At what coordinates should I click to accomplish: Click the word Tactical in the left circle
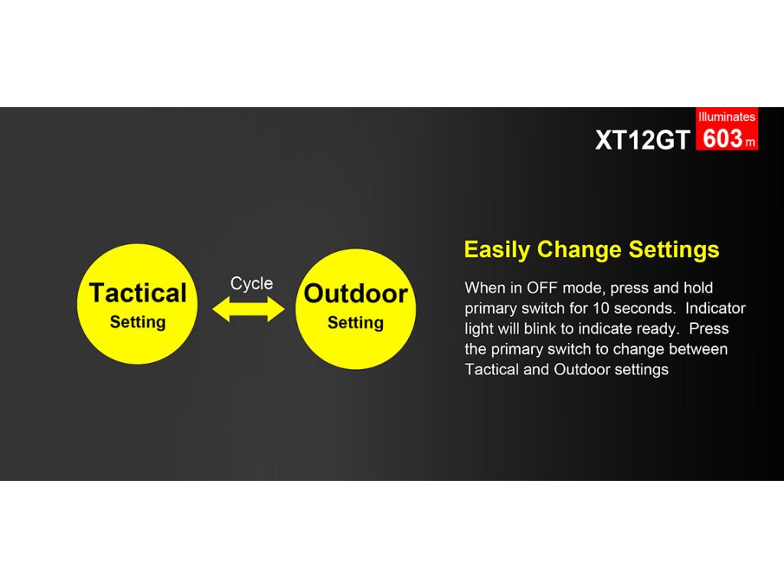pyautogui.click(x=138, y=292)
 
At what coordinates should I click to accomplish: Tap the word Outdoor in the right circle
pyautogui.click(x=355, y=293)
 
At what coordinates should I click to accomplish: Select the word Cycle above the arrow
pyautogui.click(x=251, y=283)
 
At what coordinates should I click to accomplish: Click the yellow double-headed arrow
pyautogui.click(x=249, y=309)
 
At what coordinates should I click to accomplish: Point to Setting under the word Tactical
pyautogui.click(x=138, y=322)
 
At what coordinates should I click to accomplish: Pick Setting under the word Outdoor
pyautogui.click(x=355, y=323)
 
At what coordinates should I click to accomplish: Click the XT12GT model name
pyautogui.click(x=642, y=139)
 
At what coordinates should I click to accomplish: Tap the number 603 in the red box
pyautogui.click(x=723, y=139)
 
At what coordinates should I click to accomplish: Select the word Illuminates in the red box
pyautogui.click(x=727, y=117)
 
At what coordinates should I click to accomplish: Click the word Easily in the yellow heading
pyautogui.click(x=497, y=250)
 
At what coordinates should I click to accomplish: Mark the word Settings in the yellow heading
pyautogui.click(x=674, y=250)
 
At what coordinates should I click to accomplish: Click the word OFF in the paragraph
pyautogui.click(x=542, y=288)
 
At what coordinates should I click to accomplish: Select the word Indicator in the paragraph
pyautogui.click(x=715, y=309)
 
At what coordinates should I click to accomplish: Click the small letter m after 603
pyautogui.click(x=750, y=142)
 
